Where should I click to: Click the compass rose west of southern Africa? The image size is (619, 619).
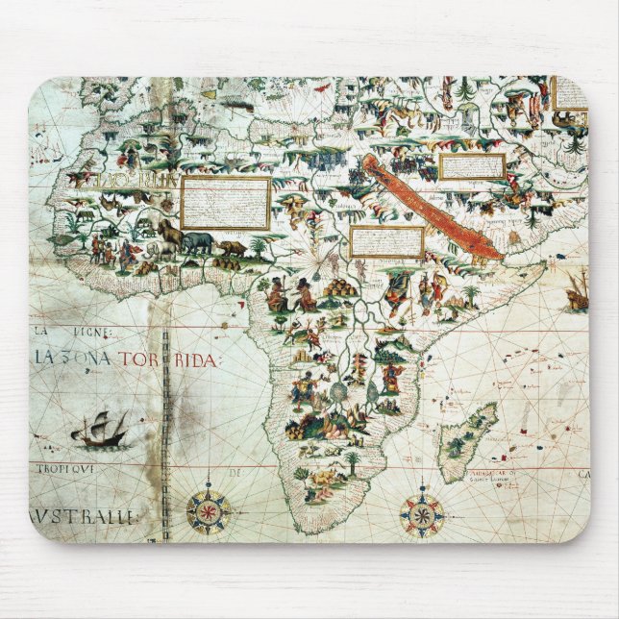click(209, 511)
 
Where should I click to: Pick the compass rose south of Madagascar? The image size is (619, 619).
click(421, 515)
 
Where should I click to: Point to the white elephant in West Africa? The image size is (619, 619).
click(167, 234)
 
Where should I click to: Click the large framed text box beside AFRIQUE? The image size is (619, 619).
click(226, 202)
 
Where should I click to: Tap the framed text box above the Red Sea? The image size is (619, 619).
click(472, 166)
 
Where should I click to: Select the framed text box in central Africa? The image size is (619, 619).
click(386, 241)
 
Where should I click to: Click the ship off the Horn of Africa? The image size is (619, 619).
click(577, 290)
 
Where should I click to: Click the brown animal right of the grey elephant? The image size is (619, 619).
click(232, 249)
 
